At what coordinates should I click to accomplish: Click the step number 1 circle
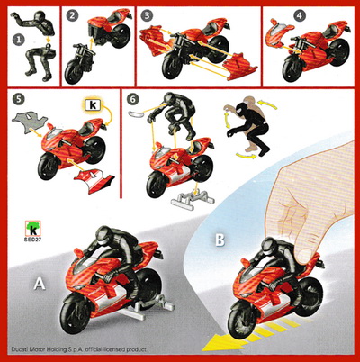(19, 40)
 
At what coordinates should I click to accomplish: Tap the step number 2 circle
(72, 15)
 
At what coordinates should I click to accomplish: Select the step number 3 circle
(147, 15)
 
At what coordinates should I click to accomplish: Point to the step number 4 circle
(300, 15)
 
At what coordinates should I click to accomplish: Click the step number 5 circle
(19, 99)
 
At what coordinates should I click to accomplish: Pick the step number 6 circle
(132, 99)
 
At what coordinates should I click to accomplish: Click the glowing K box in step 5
(93, 105)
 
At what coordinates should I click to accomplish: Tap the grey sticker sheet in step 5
(29, 120)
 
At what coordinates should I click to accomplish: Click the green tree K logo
(32, 229)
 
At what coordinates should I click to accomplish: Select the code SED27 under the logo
(32, 240)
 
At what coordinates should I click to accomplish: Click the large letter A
(40, 284)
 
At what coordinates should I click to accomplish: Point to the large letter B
(220, 240)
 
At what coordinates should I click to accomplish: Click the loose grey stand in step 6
(193, 197)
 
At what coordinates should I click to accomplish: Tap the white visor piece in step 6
(137, 113)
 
